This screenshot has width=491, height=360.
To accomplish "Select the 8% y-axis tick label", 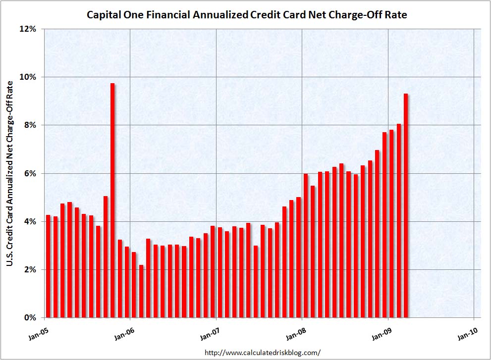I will point(31,125).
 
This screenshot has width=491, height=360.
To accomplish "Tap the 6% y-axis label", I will point(31,173).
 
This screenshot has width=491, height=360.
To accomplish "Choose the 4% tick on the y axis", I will point(31,221).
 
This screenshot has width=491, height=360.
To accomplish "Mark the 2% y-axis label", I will point(31,269).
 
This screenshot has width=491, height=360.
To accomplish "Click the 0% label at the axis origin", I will point(31,317).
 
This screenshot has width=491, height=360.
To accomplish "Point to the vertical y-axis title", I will point(10,173).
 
